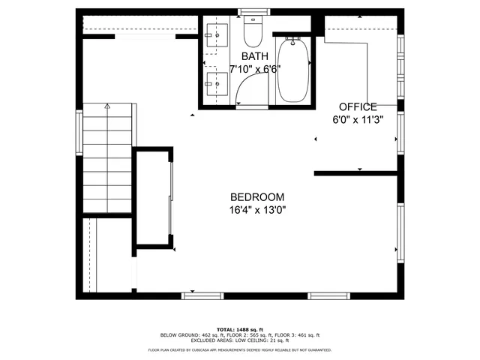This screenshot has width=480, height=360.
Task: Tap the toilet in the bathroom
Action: [x=251, y=32]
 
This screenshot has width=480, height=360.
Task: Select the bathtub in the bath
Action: [x=292, y=72]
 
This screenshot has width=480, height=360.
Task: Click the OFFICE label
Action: [x=358, y=106]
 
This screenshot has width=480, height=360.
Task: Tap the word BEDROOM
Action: [x=257, y=197]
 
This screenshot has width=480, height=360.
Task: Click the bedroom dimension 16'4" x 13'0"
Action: [x=257, y=210]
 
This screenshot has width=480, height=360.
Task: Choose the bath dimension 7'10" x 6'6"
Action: [x=253, y=69]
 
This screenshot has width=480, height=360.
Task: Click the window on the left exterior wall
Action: [x=78, y=133]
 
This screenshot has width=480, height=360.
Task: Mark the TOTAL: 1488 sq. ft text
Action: [x=239, y=329]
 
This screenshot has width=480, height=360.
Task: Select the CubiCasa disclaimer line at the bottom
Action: [x=239, y=349]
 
